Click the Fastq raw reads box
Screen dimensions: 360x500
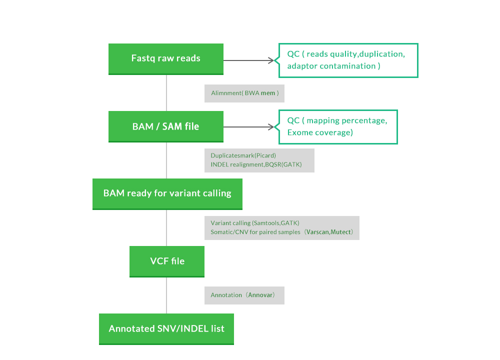166,58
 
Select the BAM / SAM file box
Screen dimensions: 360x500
166,126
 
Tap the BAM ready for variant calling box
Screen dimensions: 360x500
167,193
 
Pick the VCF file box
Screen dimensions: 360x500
167,261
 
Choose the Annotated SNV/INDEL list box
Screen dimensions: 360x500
166,329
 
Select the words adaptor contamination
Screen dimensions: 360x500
333,66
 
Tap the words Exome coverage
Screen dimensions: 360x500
320,132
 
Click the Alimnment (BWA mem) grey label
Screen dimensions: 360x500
244,93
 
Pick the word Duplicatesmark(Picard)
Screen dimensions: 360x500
243,155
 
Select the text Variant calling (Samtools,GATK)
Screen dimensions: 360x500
255,223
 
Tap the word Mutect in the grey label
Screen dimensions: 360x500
341,232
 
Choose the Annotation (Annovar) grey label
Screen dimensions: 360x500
244,295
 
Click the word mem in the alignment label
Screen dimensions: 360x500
267,93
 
